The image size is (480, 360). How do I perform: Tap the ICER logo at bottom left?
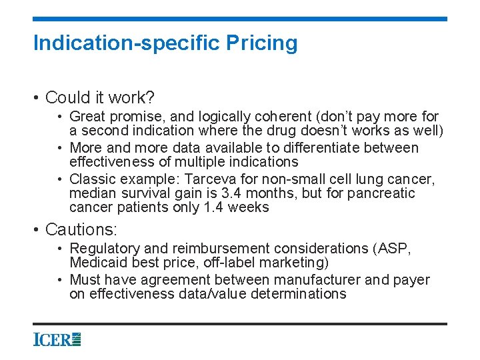tap(57, 339)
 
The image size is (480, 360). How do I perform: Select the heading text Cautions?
tap(81, 230)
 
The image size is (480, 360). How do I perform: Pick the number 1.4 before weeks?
tap(211, 207)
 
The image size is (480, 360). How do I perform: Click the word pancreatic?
tap(379, 193)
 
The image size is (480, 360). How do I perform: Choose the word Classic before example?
tap(93, 179)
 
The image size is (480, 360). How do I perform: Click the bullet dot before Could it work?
tap(37, 99)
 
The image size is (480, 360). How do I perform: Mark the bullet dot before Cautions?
tap(37, 231)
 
